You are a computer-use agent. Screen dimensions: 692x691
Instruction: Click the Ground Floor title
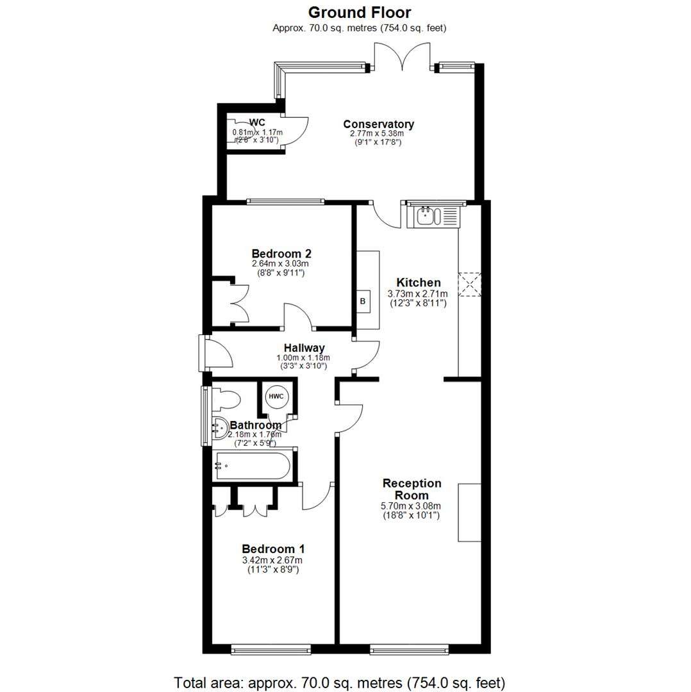[360, 12]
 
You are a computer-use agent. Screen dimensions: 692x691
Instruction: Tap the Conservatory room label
[378, 124]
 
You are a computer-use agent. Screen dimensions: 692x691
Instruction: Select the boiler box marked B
[362, 301]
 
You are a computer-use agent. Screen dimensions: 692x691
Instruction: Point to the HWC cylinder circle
[276, 397]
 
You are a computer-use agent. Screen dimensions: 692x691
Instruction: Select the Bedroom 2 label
[281, 253]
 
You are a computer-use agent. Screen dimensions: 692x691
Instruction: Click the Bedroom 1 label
[273, 549]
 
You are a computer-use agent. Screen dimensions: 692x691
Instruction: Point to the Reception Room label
[412, 489]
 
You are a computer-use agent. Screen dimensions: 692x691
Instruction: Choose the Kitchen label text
[419, 283]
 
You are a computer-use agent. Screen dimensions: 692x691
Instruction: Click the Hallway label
[304, 348]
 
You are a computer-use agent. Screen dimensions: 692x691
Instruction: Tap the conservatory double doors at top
[403, 56]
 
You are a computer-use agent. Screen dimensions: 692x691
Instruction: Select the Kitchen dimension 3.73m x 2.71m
[418, 294]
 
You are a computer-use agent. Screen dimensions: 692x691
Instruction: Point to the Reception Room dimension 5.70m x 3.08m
[411, 506]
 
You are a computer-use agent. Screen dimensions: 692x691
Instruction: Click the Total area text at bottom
[340, 682]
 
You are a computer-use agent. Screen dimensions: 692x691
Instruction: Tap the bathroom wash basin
[221, 427]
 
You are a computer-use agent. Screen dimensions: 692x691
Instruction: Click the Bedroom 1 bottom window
[271, 649]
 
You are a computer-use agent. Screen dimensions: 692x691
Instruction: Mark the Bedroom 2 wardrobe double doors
[238, 302]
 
